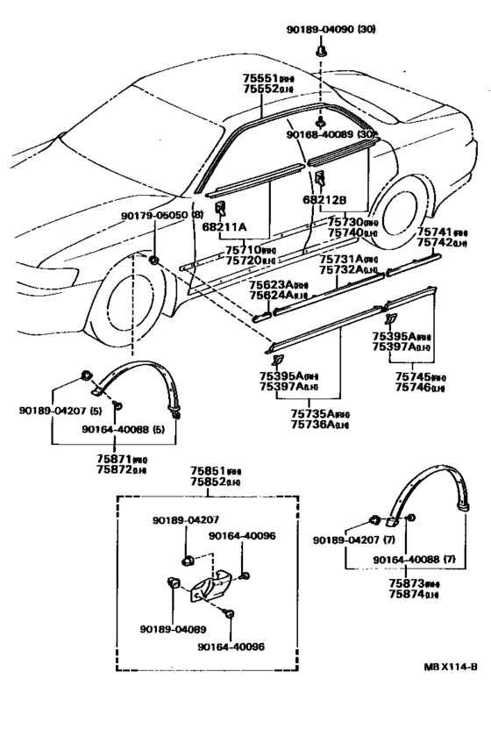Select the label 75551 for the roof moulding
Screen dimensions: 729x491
click(261, 78)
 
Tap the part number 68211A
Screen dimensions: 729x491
click(224, 227)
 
